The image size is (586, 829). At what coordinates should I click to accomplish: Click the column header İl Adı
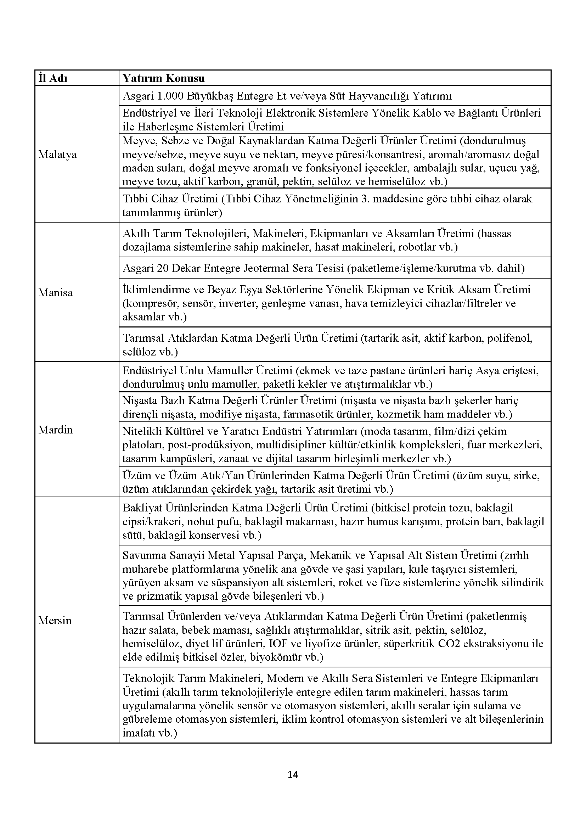point(53,78)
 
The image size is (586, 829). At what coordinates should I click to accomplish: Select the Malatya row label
point(57,155)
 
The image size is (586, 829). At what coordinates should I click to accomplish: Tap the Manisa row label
point(56,292)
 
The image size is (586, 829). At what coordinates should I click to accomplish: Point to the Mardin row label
point(55,430)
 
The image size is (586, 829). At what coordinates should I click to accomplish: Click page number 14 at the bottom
point(293,774)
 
